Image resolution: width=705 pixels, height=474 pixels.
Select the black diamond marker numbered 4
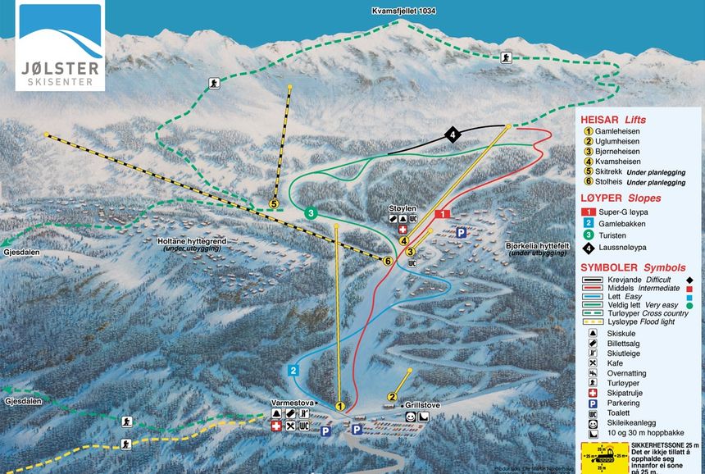click(452, 134)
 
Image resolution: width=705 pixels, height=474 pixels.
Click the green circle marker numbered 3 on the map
click(312, 213)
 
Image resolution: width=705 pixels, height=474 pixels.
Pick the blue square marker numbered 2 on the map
click(293, 370)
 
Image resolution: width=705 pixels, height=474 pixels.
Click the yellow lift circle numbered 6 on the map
click(388, 261)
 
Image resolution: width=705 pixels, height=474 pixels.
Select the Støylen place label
click(403, 209)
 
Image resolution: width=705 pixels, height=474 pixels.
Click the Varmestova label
click(293, 403)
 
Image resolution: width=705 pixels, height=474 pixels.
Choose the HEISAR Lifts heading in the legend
click(612, 120)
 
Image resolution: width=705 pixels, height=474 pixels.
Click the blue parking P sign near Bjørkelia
click(461, 232)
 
